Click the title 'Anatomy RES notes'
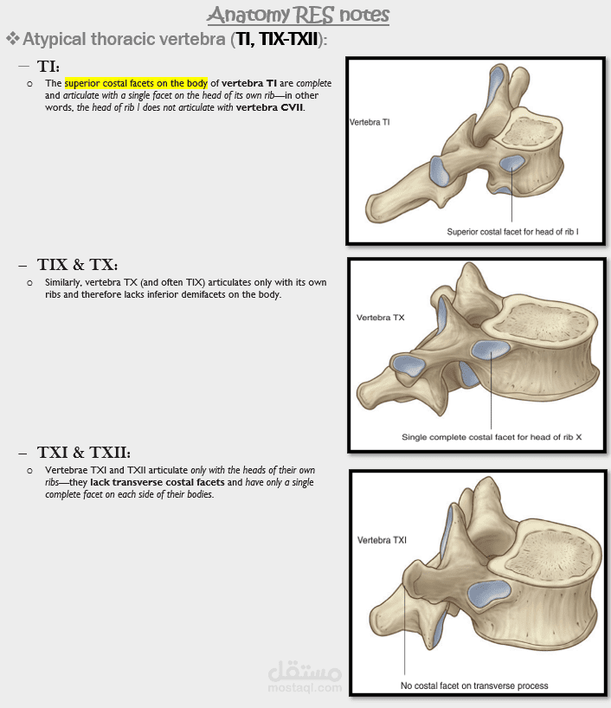click(x=298, y=15)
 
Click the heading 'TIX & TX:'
click(x=78, y=265)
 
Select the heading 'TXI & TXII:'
click(x=84, y=452)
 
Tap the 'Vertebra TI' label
click(x=370, y=122)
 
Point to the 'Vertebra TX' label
click(x=380, y=318)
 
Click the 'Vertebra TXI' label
click(x=382, y=540)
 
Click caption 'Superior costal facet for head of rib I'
click(x=512, y=232)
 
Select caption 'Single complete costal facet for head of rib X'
click(x=492, y=437)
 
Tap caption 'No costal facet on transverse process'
click(x=474, y=685)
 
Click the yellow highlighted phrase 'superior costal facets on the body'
click(x=136, y=83)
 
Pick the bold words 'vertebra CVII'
click(x=270, y=107)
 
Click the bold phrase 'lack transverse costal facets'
click(x=158, y=482)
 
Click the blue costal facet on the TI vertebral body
click(x=511, y=164)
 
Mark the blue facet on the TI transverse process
click(x=439, y=171)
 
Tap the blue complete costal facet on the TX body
click(x=491, y=350)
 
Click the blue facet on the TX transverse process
click(x=408, y=366)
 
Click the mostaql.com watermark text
click(x=305, y=688)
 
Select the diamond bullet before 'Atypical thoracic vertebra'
click(x=13, y=39)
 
